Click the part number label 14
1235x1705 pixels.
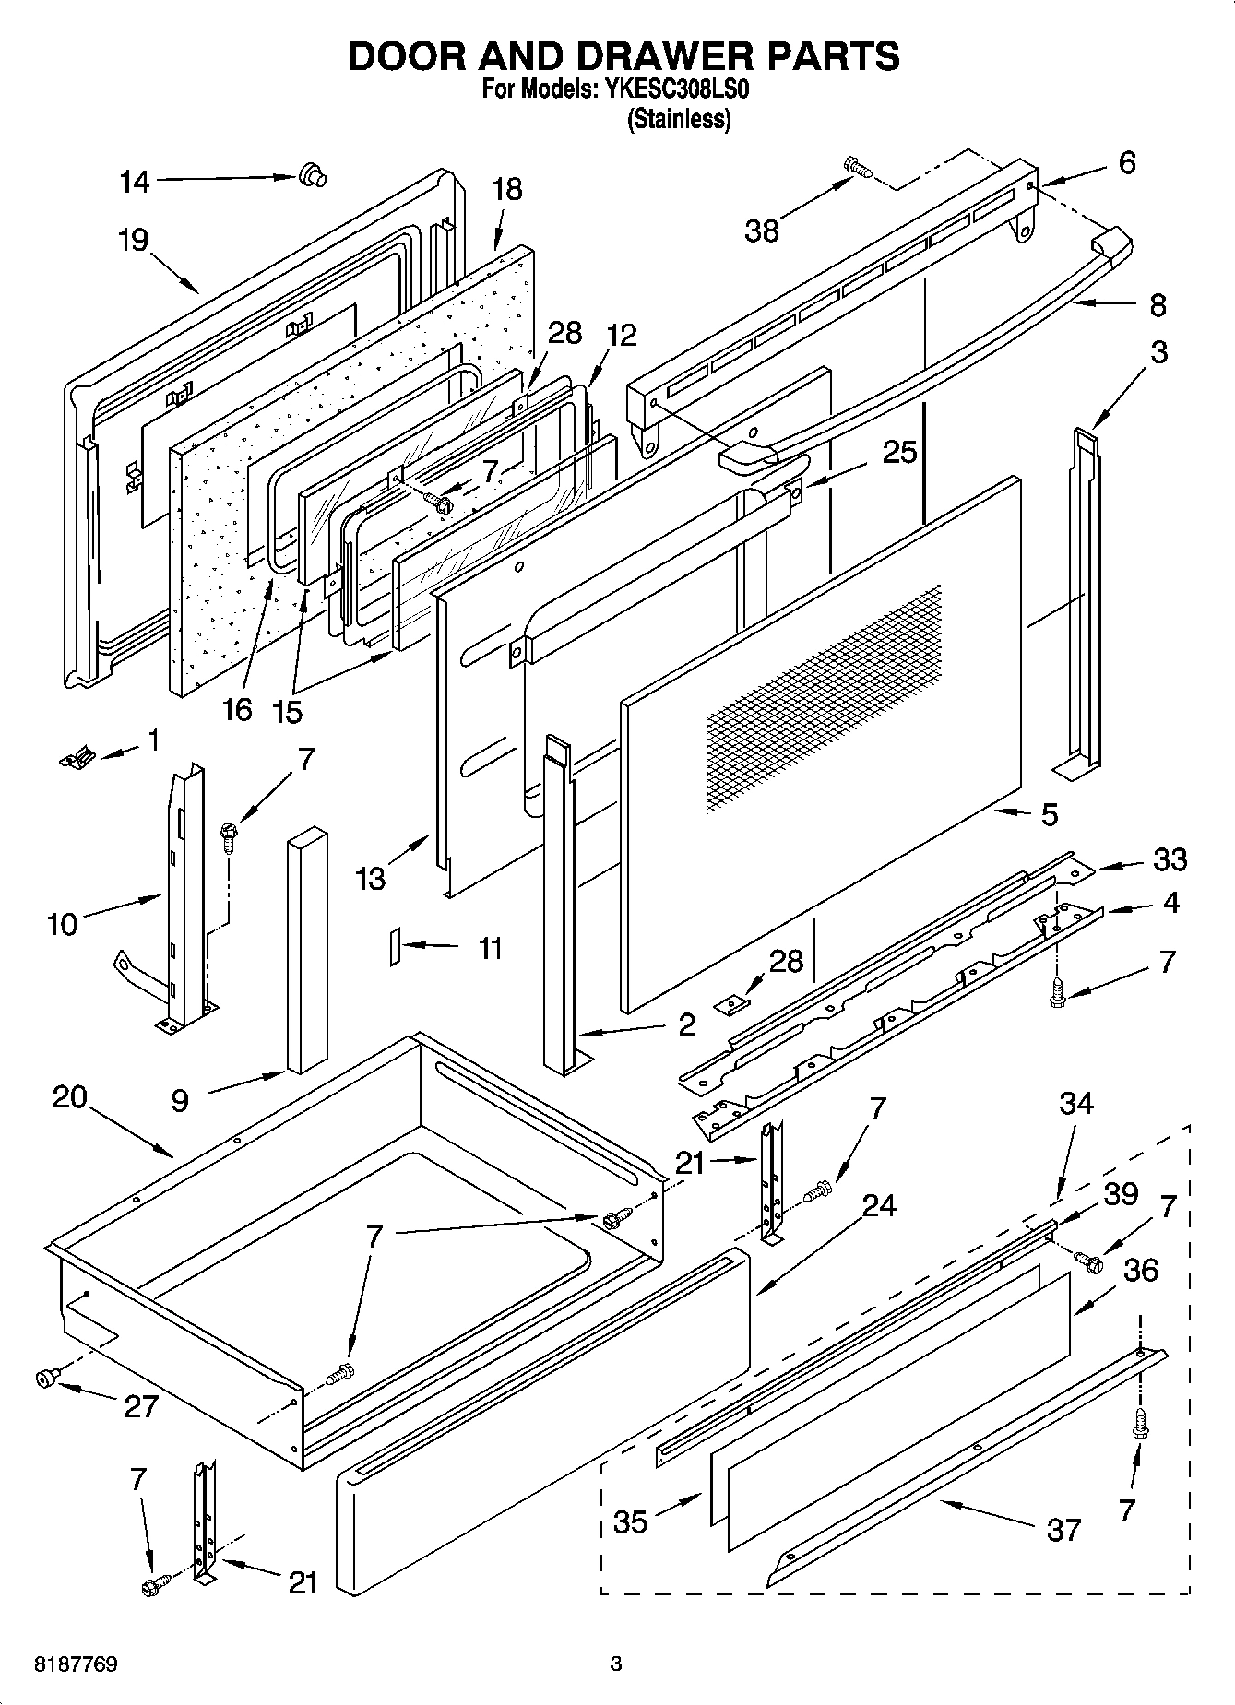135,183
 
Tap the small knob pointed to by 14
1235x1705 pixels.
312,174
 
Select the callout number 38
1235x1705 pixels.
762,231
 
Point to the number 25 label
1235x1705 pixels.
899,452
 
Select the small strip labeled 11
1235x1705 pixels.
394,946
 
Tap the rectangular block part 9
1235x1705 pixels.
307,950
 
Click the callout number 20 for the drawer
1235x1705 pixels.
69,1097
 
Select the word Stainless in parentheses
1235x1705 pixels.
679,120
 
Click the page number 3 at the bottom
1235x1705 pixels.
615,1664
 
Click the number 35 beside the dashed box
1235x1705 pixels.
630,1521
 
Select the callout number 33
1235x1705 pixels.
1170,859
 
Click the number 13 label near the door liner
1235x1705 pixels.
370,879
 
